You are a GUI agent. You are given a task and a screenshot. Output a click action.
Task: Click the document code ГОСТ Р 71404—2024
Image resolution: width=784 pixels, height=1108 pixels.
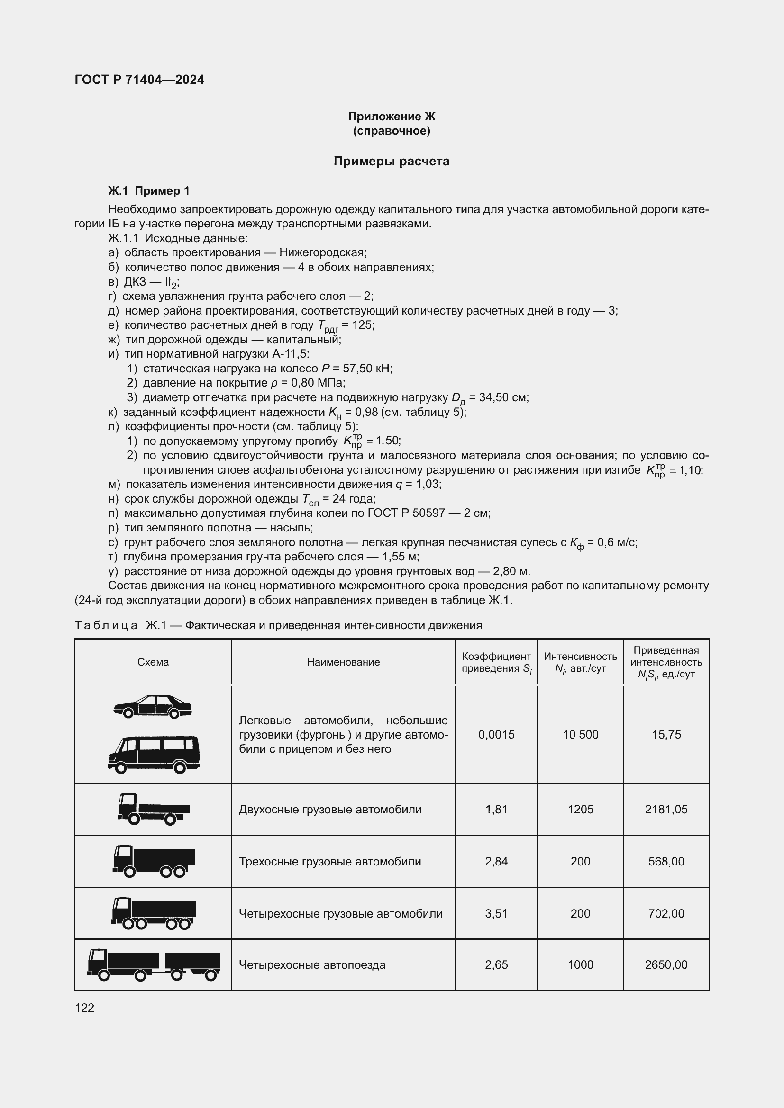point(139,80)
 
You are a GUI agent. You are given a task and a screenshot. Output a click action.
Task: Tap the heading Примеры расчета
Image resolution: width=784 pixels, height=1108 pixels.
point(391,161)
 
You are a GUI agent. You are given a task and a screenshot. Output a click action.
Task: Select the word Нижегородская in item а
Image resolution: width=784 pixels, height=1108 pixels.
point(322,252)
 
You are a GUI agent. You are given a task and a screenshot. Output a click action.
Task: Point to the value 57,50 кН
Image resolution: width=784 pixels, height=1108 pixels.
point(367,369)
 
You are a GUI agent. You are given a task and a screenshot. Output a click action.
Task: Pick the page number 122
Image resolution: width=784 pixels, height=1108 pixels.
point(84,1008)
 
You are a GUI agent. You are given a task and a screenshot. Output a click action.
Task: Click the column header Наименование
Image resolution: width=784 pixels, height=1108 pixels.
point(343,662)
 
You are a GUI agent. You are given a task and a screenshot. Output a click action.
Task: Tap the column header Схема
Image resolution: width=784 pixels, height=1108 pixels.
point(153,662)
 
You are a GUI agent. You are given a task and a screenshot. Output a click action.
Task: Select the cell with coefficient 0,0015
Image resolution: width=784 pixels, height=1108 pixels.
point(496,735)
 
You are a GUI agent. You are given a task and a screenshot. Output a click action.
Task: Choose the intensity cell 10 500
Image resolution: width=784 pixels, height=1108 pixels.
point(580,735)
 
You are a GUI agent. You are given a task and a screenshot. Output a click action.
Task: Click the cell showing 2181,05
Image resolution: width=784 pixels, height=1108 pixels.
point(666,809)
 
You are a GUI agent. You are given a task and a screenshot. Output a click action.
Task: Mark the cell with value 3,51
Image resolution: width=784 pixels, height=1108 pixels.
point(496,913)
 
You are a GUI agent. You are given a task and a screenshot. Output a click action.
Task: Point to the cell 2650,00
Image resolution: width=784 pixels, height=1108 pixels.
point(666,964)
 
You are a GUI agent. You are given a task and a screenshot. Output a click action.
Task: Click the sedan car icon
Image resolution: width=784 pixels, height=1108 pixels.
point(153,706)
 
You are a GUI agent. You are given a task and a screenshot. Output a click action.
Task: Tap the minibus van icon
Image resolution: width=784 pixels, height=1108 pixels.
point(154,754)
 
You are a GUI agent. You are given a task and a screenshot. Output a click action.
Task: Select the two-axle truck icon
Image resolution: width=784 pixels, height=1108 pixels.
point(153,809)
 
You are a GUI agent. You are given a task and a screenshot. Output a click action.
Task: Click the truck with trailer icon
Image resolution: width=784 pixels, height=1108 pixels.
point(154,964)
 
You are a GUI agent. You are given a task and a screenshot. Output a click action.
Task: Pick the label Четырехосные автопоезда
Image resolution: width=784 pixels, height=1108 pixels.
point(312,964)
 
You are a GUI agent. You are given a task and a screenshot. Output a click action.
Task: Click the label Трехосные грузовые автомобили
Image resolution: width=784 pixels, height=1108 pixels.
point(330,861)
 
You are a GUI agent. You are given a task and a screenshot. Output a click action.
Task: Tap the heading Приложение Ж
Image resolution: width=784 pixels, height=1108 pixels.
point(392,117)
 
